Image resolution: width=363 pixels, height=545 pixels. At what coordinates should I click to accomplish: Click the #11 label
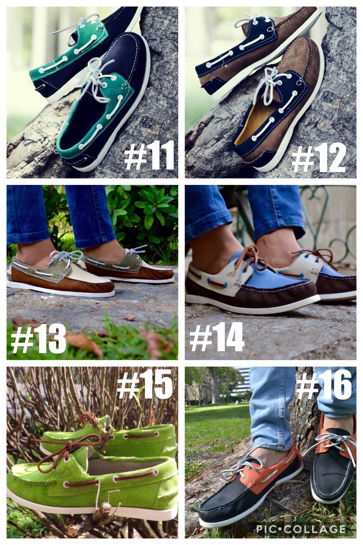point(149,155)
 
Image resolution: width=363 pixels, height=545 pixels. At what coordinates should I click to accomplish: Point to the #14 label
point(217,336)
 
